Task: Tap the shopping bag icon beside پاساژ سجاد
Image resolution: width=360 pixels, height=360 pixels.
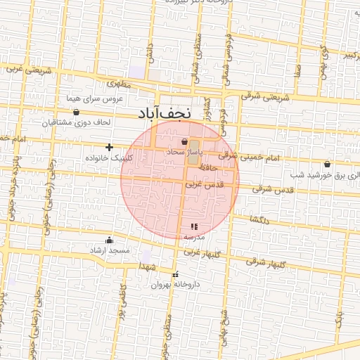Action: [x=184, y=141]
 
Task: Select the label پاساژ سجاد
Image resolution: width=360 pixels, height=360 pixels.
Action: [x=184, y=151]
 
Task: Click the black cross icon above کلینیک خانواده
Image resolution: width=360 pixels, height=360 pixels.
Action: [x=109, y=147]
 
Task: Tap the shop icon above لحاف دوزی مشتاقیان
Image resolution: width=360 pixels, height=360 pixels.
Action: [x=76, y=112]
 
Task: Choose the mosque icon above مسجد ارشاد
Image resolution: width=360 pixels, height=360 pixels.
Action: [x=109, y=240]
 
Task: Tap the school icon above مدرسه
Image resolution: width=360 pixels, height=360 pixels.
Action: [x=194, y=226]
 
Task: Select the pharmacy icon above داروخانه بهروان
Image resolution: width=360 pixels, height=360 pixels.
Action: [x=175, y=274]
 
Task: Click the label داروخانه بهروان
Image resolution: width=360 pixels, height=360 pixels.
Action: [x=170, y=285]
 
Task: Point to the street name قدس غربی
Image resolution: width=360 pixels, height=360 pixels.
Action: [x=203, y=184]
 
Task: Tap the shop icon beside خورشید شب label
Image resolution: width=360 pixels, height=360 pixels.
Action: [x=328, y=164]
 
